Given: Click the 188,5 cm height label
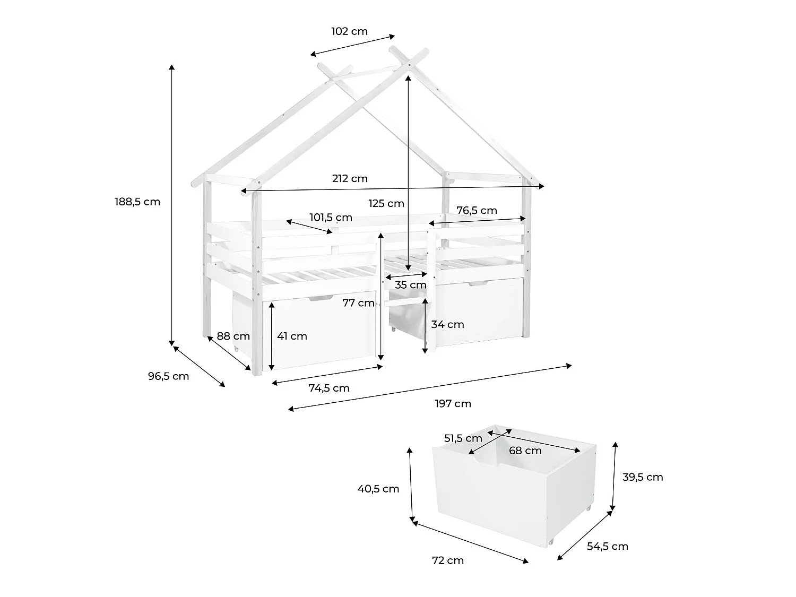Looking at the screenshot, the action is [x=137, y=202].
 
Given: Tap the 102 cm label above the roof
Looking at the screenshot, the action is [x=349, y=31].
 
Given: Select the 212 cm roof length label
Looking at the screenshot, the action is [x=350, y=179].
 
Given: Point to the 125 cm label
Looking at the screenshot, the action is [x=386, y=204].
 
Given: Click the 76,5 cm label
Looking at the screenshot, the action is [x=477, y=211].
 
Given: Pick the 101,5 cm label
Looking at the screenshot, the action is [x=331, y=218].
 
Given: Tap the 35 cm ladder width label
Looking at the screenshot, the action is [x=411, y=285].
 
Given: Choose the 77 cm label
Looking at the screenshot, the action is [x=358, y=303].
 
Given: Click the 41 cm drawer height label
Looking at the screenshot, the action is [x=292, y=336].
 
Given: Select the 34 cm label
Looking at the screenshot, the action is [x=447, y=324].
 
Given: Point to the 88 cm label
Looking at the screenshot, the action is [x=233, y=336].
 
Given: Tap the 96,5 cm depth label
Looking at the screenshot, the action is [x=168, y=376].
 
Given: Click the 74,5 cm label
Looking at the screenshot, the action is [x=329, y=388].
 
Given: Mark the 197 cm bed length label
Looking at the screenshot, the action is [x=453, y=404].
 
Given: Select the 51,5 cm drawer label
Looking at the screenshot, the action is [x=463, y=439].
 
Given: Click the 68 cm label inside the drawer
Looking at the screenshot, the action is [x=525, y=451].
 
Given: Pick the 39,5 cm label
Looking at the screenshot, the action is [x=643, y=477].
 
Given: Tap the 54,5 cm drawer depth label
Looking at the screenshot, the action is [x=608, y=546].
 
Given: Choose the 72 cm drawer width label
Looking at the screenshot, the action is [x=448, y=560].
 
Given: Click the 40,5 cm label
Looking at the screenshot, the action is [x=378, y=489].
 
